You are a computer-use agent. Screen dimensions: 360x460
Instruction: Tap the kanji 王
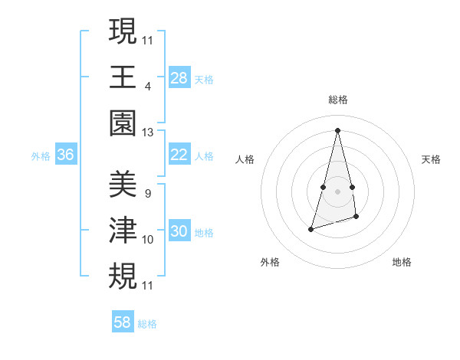pyautogui.click(x=123, y=77)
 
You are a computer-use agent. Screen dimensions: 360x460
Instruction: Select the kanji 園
pyautogui.click(x=123, y=123)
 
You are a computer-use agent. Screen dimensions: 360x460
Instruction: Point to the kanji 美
pyautogui.click(x=123, y=185)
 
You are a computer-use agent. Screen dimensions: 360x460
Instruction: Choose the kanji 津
pyautogui.click(x=123, y=231)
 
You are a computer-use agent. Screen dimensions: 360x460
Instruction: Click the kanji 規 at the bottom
pyautogui.click(x=123, y=276)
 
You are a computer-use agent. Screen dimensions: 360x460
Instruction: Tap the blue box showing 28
pyautogui.click(x=179, y=78)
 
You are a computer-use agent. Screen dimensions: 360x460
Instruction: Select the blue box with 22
pyautogui.click(x=179, y=155)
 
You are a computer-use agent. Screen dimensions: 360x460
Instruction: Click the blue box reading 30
pyautogui.click(x=179, y=231)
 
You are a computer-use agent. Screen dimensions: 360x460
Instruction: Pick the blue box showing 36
pyautogui.click(x=66, y=155)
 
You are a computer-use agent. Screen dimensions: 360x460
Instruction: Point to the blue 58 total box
pyautogui.click(x=123, y=322)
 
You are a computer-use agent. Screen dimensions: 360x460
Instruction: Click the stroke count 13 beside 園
pyautogui.click(x=148, y=133)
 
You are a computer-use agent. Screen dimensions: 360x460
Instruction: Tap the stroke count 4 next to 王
pyautogui.click(x=148, y=86)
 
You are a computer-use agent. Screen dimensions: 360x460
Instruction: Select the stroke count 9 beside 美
pyautogui.click(x=148, y=194)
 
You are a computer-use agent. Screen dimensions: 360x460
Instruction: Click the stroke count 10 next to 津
pyautogui.click(x=148, y=240)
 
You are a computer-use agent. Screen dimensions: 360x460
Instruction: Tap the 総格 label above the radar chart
pyautogui.click(x=338, y=100)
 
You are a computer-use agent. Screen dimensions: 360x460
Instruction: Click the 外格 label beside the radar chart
pyautogui.click(x=270, y=262)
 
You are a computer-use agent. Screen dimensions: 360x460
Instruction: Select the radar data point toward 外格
pyautogui.click(x=310, y=229)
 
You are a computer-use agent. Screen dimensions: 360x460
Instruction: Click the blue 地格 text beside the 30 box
pyautogui.click(x=204, y=232)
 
